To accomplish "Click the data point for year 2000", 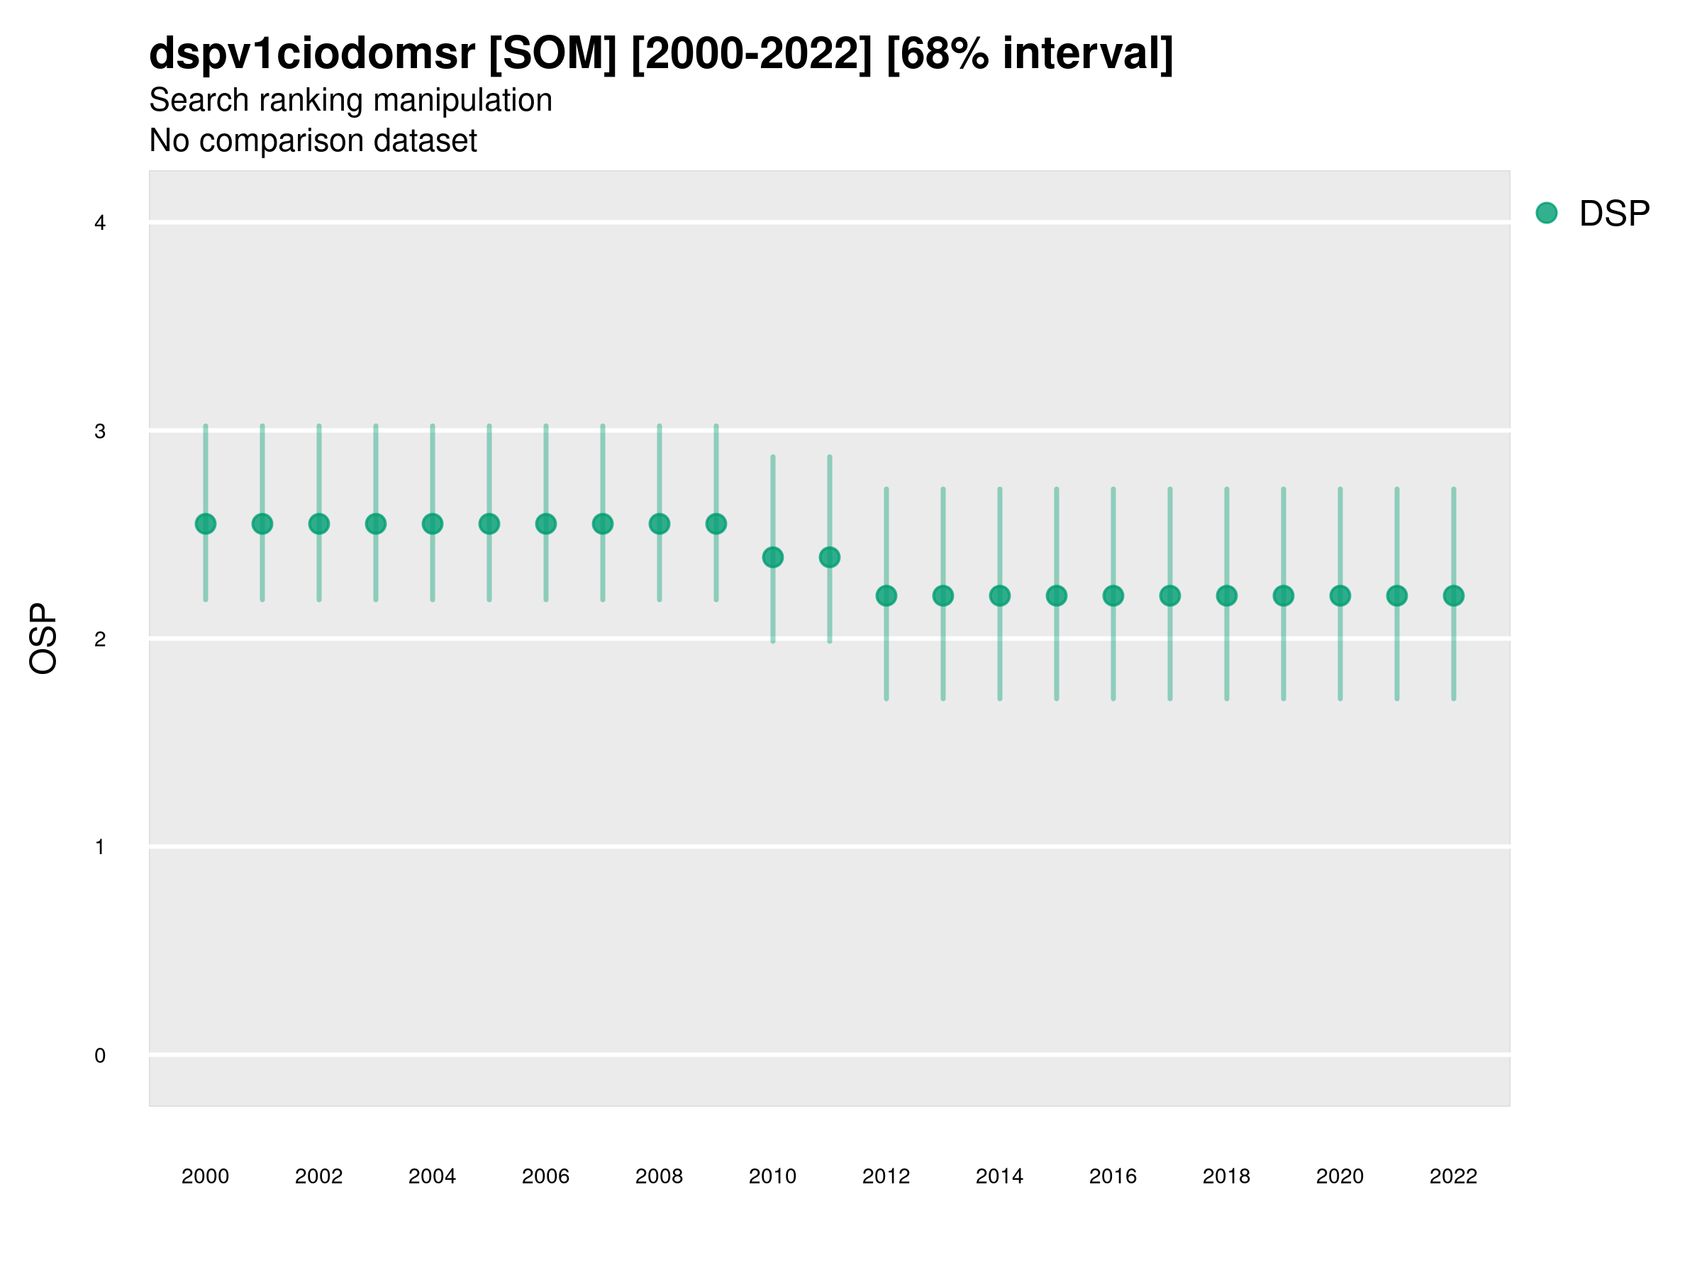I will coord(206,524).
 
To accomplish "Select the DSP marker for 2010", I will coord(772,558).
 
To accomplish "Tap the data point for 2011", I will coord(830,558).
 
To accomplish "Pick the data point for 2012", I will coord(886,596).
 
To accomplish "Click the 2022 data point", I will coord(1454,596).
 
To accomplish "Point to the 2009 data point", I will coord(716,524).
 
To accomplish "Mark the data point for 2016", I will coord(1113,596).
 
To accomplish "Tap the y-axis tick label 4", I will coord(100,223).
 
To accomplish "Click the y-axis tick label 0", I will coord(100,1056).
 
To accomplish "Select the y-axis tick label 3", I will coord(100,431).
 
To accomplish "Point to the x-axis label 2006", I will coord(545,1176).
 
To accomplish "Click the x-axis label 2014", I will coord(999,1176).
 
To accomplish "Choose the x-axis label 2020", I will coord(1340,1176).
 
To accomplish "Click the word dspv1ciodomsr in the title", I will coord(311,54).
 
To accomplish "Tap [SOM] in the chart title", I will coord(552,54).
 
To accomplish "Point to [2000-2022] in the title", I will coord(752,54).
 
